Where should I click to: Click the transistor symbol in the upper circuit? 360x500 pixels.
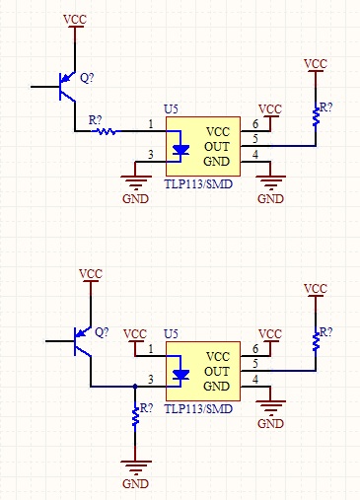(67, 87)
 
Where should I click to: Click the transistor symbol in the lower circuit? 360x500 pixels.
(83, 341)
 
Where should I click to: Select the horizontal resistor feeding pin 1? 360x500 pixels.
(106, 131)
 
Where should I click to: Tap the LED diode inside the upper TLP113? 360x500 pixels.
(180, 150)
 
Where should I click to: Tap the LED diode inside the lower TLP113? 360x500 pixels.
(180, 375)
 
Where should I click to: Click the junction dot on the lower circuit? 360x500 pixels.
(135, 387)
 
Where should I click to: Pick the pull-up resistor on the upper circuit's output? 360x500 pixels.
(316, 115)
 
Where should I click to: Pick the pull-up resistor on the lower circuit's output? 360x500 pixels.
(316, 341)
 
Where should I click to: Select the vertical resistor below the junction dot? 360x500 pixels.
(135, 416)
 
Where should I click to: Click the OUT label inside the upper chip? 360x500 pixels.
(217, 147)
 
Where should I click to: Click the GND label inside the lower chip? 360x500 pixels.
(216, 387)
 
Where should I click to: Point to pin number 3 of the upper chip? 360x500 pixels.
(151, 154)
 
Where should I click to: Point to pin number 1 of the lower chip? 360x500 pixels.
(151, 349)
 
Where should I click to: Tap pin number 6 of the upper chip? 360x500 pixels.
(255, 124)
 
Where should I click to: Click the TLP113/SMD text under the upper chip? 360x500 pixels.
(198, 184)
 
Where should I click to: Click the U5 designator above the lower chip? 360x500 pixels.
(171, 334)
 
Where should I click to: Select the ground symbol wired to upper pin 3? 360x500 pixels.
(135, 183)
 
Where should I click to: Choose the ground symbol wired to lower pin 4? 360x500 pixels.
(270, 408)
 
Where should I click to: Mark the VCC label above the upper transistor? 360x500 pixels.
(75, 20)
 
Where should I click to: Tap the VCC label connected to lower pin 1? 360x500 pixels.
(135, 334)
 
